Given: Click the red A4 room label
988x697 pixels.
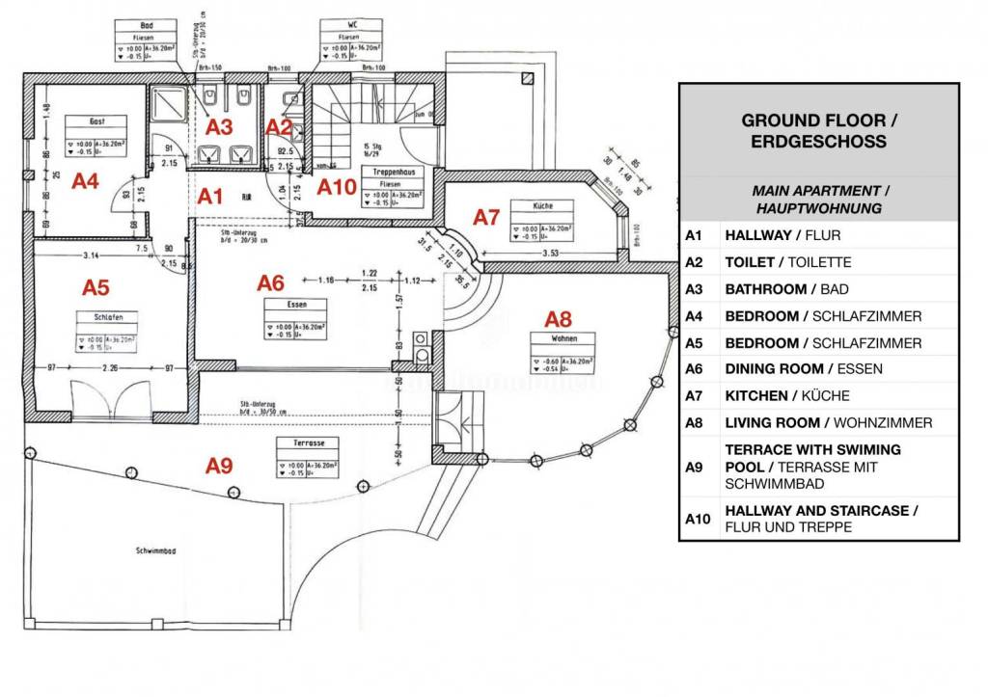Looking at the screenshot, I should click(x=86, y=180).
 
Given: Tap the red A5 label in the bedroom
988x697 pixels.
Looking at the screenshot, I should click(x=96, y=286).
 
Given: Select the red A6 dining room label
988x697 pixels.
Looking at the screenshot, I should click(x=271, y=282).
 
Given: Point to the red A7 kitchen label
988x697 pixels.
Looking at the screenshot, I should click(x=488, y=218).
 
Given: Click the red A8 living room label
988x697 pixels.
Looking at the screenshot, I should click(x=559, y=318).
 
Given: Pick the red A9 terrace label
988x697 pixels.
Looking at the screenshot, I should click(x=219, y=466).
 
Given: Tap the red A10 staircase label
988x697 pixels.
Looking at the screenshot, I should click(x=338, y=186).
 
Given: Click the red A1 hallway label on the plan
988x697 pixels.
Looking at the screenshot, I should click(x=210, y=197).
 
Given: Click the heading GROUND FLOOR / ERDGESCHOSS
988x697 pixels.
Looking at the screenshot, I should click(x=819, y=130).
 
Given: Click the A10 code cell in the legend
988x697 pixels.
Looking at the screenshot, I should click(x=697, y=519).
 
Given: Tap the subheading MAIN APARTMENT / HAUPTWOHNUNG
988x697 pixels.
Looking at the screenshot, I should click(x=819, y=200).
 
